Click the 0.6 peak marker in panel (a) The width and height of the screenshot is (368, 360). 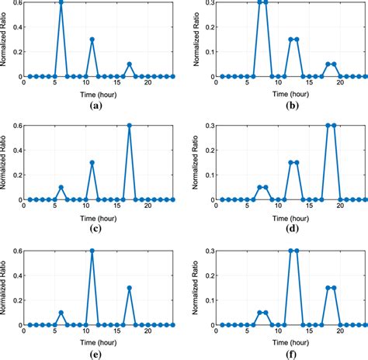61,2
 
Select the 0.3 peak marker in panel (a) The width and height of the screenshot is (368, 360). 92,39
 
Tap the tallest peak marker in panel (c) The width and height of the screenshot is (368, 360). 130,126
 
